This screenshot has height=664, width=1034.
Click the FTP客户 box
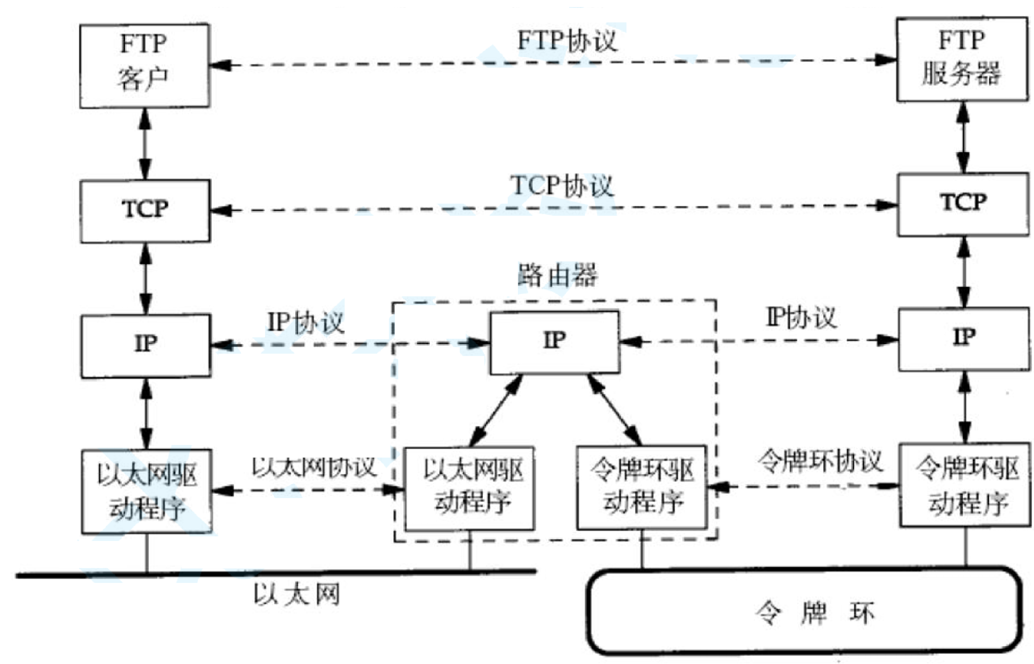(x=144, y=66)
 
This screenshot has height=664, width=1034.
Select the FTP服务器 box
(x=962, y=59)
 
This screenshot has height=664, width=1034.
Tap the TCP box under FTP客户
(x=145, y=211)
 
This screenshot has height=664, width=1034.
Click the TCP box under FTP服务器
(x=963, y=205)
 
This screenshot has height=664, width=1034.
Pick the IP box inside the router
(x=554, y=342)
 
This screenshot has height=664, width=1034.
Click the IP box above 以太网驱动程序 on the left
(x=145, y=345)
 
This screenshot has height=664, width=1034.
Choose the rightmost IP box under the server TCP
(x=964, y=339)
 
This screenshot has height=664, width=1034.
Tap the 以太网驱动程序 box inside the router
(x=469, y=489)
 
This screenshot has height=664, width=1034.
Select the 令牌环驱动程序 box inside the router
(x=642, y=487)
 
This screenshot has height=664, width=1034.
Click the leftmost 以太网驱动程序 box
(x=146, y=491)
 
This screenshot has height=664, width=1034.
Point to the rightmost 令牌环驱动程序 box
(x=965, y=485)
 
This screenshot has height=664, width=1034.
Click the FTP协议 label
(x=567, y=41)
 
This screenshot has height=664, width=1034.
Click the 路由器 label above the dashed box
(x=557, y=275)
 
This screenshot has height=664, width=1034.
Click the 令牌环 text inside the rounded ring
(x=814, y=612)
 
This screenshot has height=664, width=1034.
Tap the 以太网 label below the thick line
(x=296, y=594)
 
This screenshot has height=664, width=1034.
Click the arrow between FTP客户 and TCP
(x=145, y=144)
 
